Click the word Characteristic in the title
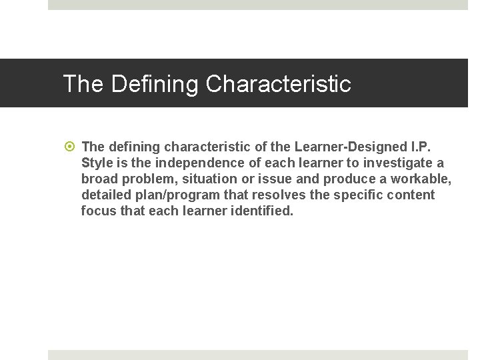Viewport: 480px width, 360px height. click(278, 84)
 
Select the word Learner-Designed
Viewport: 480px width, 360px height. click(350, 147)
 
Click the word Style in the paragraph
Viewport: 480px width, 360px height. click(97, 163)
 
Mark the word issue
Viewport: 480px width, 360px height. click(273, 179)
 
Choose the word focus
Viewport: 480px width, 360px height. click(98, 211)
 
